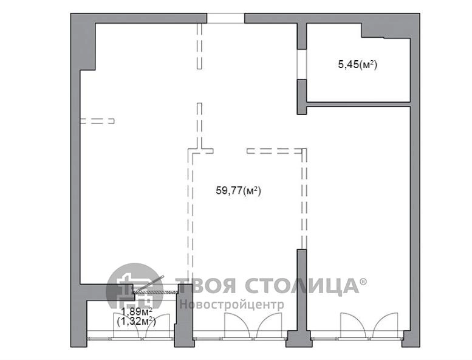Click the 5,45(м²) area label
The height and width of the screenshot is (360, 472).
(x=358, y=65)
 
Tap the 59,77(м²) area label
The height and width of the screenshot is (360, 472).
(x=238, y=190)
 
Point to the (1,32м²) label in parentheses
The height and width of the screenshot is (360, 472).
(x=136, y=322)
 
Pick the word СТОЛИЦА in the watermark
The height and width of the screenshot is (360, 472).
(x=302, y=286)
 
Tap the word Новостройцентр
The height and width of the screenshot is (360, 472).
(x=232, y=304)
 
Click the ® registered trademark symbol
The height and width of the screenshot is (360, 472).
(x=364, y=282)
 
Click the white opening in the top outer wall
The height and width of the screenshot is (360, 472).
(x=225, y=18)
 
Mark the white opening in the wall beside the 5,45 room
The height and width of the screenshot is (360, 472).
(x=302, y=64)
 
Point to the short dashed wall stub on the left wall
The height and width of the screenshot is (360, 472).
(x=97, y=121)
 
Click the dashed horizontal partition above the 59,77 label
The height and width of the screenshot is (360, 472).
(x=274, y=151)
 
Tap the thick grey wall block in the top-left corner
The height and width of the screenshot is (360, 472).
(x=83, y=41)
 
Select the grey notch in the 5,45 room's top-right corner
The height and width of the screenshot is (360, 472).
(x=386, y=31)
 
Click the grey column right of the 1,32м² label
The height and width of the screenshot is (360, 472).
(x=183, y=316)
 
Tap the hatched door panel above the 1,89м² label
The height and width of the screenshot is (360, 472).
(x=156, y=292)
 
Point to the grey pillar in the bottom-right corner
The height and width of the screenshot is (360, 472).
(x=411, y=339)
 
